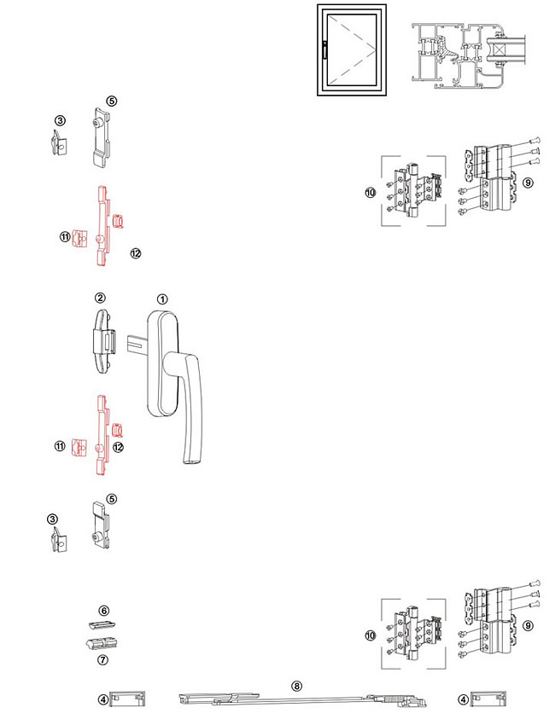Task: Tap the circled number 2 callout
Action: point(100,298)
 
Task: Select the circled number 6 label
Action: point(104,612)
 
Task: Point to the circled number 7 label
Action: point(104,659)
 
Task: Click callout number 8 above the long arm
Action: point(297,685)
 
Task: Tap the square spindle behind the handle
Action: point(137,345)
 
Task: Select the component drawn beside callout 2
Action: point(102,339)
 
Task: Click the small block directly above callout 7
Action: point(102,642)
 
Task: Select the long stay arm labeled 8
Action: point(299,701)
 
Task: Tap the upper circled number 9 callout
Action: point(529,183)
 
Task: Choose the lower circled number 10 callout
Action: point(371,635)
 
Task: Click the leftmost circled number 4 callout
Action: point(103,700)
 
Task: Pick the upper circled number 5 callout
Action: point(112,101)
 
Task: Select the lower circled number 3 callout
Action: point(52,518)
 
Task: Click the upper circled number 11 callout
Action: point(65,236)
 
